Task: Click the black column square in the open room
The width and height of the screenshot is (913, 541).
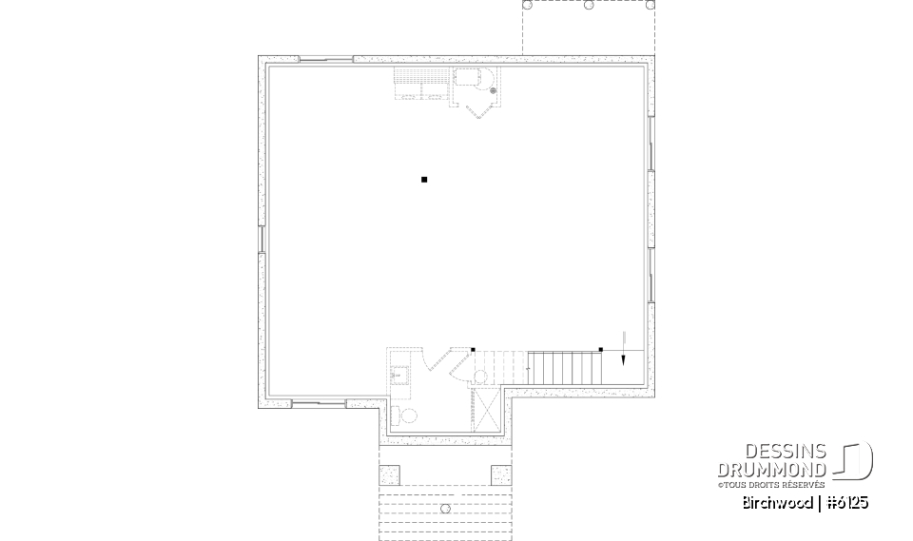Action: [424, 179]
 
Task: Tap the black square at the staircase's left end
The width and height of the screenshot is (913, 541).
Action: [473, 350]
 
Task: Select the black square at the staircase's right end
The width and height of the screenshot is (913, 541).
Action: [600, 350]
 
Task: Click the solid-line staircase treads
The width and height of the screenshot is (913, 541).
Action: [565, 368]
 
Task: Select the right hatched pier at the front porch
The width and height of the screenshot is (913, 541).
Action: [500, 474]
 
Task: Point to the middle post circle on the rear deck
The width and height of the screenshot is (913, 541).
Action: [589, 5]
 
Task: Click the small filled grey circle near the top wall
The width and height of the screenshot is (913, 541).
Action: [493, 91]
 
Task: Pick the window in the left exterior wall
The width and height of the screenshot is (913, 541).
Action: [262, 240]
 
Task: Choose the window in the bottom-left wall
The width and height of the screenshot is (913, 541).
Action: [305, 404]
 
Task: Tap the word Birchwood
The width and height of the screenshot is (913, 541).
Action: [777, 502]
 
